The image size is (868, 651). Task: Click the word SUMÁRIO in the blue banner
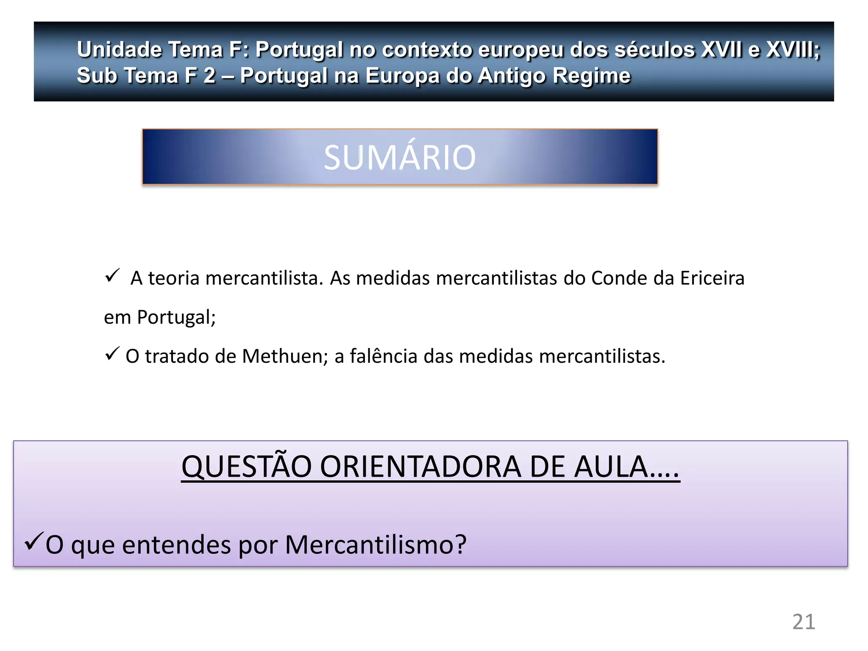point(400,157)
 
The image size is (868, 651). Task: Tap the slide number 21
point(804,622)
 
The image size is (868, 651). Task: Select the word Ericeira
point(712,278)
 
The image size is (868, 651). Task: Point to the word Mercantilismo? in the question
point(376,544)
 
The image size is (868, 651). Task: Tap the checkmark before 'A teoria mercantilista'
point(112,275)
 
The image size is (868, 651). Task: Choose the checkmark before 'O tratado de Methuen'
point(112,353)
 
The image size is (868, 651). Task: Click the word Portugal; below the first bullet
point(176,317)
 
